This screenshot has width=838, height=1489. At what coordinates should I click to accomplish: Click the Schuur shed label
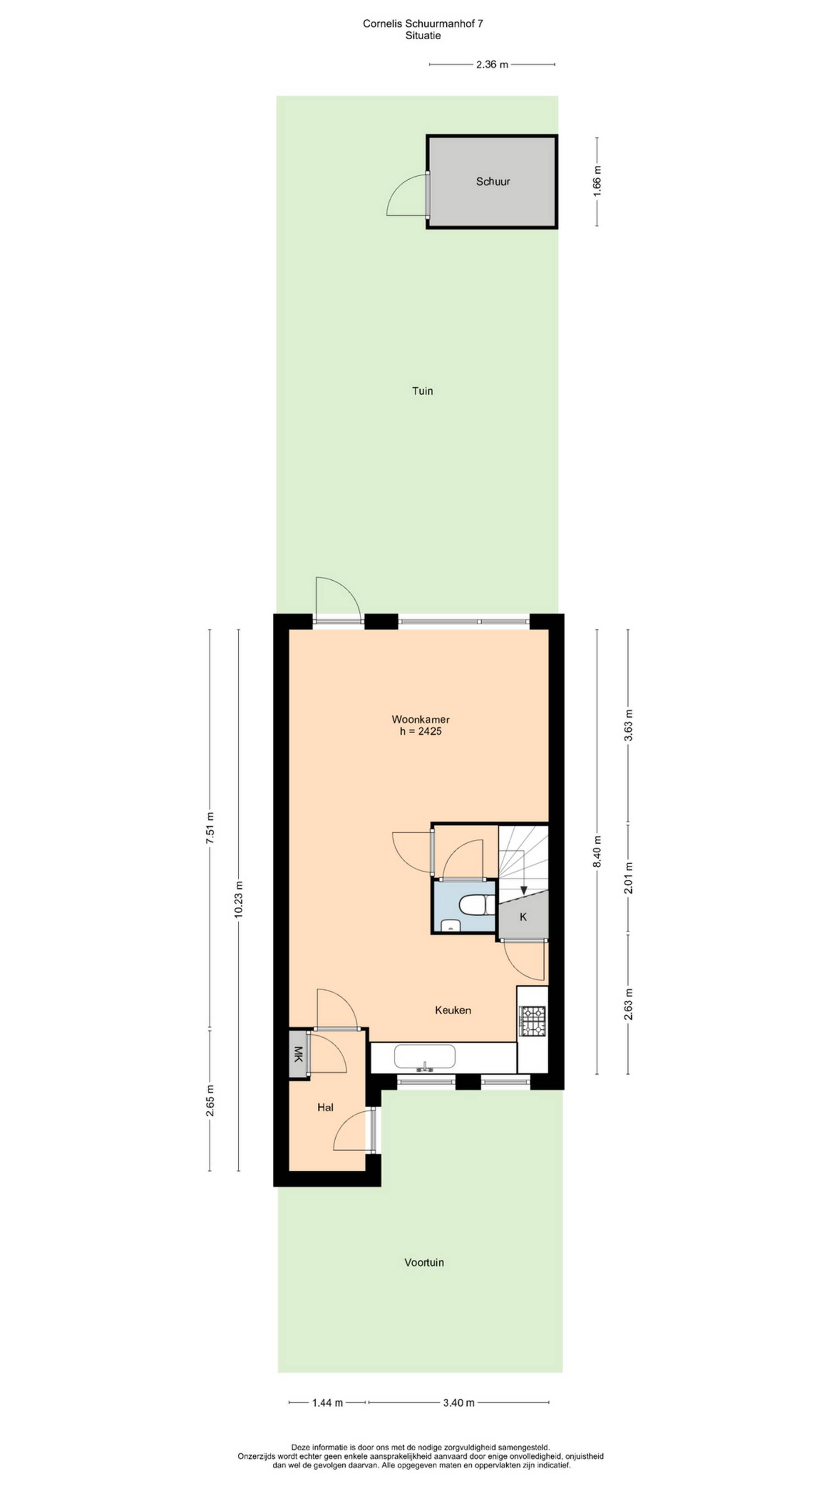[x=493, y=181]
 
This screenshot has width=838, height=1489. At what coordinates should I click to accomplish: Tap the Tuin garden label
[x=422, y=391]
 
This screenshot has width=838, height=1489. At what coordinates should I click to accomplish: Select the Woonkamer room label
[x=420, y=720]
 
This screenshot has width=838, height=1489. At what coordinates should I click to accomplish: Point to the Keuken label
[x=453, y=1010]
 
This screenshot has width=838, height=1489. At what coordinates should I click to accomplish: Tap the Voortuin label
[x=424, y=1263]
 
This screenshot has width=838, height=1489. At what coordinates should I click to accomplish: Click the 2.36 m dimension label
[x=492, y=65]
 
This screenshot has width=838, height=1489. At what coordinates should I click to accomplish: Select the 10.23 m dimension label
[x=239, y=900]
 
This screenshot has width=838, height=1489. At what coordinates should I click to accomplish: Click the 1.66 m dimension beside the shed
[x=598, y=181]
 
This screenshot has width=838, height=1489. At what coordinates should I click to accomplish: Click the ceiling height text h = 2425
[x=420, y=732]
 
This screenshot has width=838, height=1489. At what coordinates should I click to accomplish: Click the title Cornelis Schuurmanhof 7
[x=423, y=24]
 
